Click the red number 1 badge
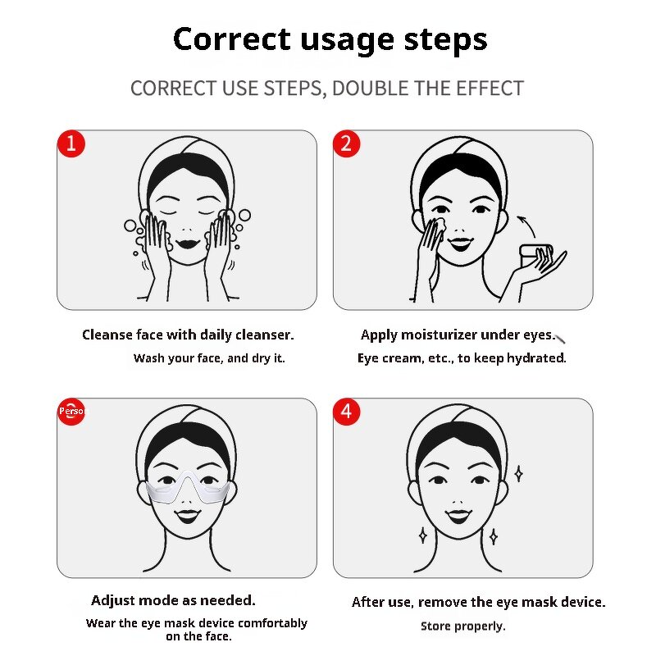pyautogui.click(x=71, y=144)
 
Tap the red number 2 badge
pyautogui.click(x=346, y=144)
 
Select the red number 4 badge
pyautogui.click(x=346, y=412)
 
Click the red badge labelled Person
pyautogui.click(x=71, y=411)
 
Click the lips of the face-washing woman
pyautogui.click(x=186, y=244)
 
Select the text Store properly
pyautogui.click(x=463, y=626)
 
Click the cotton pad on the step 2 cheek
pyautogui.click(x=437, y=224)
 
